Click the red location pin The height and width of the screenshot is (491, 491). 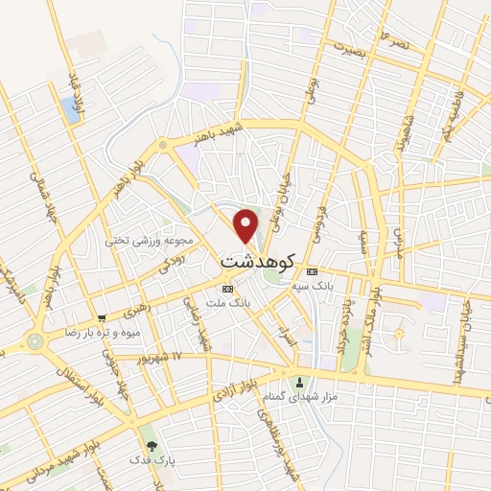247,225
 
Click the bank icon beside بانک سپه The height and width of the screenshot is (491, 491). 312,269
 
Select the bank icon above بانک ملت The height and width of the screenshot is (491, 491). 227,289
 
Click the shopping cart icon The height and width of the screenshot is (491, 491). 101,317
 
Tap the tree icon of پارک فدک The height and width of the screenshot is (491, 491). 151,446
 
